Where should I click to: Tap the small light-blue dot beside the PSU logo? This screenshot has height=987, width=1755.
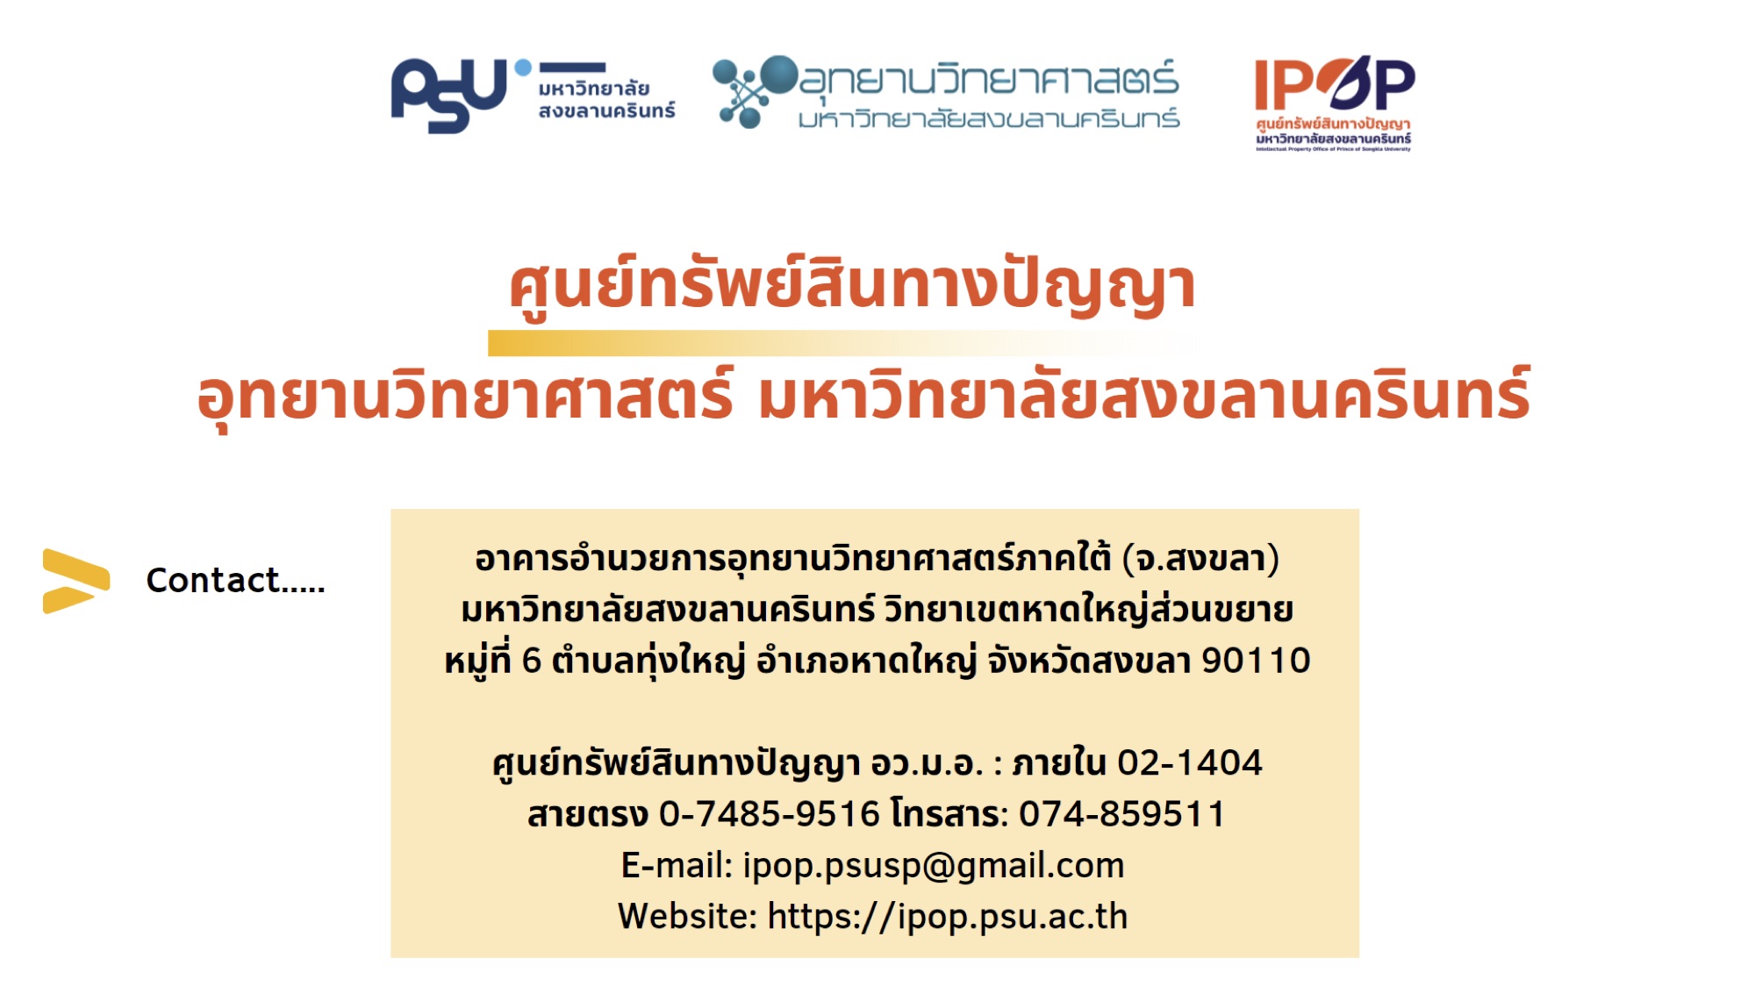click(x=523, y=67)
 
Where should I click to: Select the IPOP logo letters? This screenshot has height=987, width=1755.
click(x=1335, y=84)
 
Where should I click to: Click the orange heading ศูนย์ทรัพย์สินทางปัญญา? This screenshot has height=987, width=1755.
click(x=852, y=287)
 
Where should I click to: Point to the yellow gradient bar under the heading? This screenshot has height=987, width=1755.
click(x=841, y=343)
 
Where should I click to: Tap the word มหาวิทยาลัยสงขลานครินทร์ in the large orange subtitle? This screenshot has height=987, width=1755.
click(x=1145, y=395)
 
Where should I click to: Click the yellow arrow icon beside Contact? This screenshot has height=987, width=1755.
click(x=76, y=581)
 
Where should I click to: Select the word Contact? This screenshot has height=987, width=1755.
click(x=212, y=580)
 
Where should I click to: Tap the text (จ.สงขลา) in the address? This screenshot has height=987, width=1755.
click(x=1200, y=559)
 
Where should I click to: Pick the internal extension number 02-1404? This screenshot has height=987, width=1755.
click(x=1189, y=763)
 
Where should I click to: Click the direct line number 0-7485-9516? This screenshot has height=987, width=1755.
click(x=769, y=814)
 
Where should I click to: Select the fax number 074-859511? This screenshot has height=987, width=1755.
click(x=1121, y=814)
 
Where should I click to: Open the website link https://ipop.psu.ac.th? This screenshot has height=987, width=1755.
click(x=948, y=917)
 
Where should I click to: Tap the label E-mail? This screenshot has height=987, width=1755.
click(x=677, y=866)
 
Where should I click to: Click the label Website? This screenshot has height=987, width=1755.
click(x=687, y=916)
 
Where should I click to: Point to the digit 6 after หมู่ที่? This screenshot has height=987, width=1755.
click(x=531, y=661)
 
